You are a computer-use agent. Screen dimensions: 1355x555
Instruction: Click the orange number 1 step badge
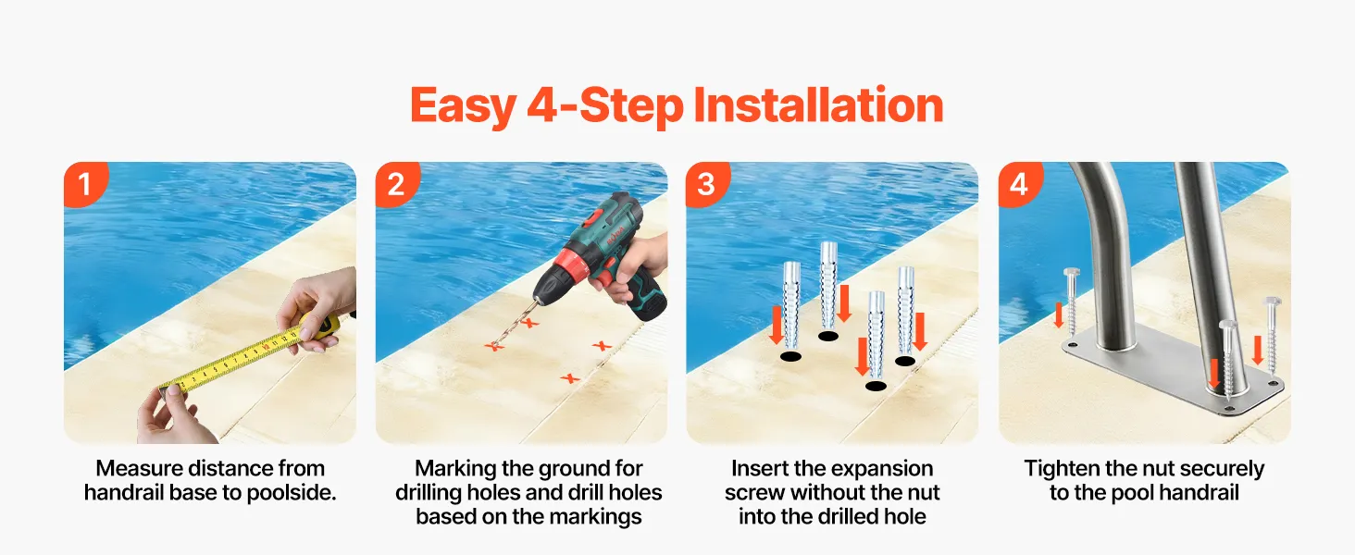(x=85, y=184)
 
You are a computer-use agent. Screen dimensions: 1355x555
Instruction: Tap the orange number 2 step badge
(x=396, y=184)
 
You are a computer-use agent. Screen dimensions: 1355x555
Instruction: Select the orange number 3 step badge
(x=707, y=184)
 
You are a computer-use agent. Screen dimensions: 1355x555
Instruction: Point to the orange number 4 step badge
(x=1019, y=184)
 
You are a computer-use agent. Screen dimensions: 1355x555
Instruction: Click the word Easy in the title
(x=463, y=106)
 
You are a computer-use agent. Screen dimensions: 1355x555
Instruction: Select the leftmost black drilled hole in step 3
(x=790, y=357)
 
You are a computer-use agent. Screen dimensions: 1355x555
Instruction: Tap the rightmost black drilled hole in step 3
(x=905, y=361)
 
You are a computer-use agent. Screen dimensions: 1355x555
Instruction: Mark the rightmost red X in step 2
(x=602, y=346)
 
